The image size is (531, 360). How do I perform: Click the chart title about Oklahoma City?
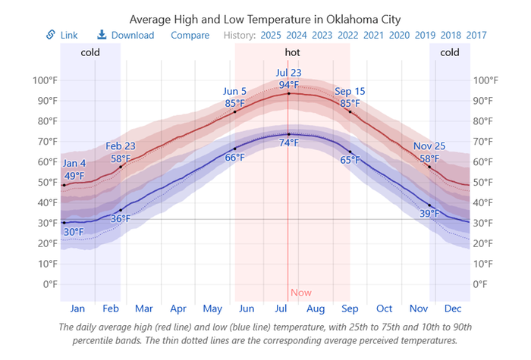tap(265, 18)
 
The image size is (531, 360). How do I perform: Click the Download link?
tap(132, 35)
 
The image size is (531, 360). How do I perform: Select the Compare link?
tap(190, 35)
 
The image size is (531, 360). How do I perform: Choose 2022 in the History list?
tap(348, 35)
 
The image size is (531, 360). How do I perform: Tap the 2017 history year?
tap(476, 35)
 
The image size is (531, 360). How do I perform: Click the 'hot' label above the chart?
tap(292, 52)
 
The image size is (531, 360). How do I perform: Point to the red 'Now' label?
tap(300, 293)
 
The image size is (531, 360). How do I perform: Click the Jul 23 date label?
tap(288, 74)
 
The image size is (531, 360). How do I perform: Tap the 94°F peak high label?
tap(288, 85)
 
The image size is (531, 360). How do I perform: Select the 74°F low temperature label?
tap(288, 142)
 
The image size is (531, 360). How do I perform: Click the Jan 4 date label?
tap(74, 164)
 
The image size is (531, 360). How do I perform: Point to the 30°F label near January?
tap(74, 232)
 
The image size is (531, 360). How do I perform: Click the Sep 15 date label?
tap(350, 92)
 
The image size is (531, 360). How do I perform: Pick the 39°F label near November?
tap(429, 214)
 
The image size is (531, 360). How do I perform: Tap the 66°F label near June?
tap(234, 158)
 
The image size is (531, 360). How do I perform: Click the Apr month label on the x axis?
tap(178, 309)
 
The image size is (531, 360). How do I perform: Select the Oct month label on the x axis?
tap(384, 309)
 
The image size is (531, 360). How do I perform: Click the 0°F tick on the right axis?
tap(482, 284)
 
